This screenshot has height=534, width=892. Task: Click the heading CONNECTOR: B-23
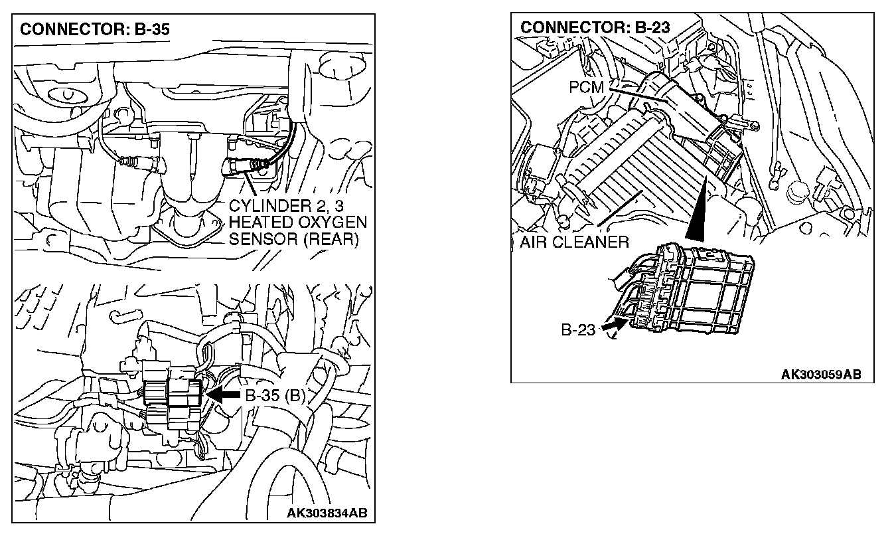pyautogui.click(x=595, y=27)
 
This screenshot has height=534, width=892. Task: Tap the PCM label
pyautogui.click(x=586, y=87)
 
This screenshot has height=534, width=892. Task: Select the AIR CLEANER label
pyautogui.click(x=573, y=242)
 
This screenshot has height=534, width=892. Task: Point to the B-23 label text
pyautogui.click(x=578, y=330)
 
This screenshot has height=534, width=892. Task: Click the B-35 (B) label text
pyautogui.click(x=275, y=396)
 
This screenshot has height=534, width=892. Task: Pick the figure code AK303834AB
pyautogui.click(x=327, y=513)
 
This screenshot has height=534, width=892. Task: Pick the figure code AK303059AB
pyautogui.click(x=820, y=374)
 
